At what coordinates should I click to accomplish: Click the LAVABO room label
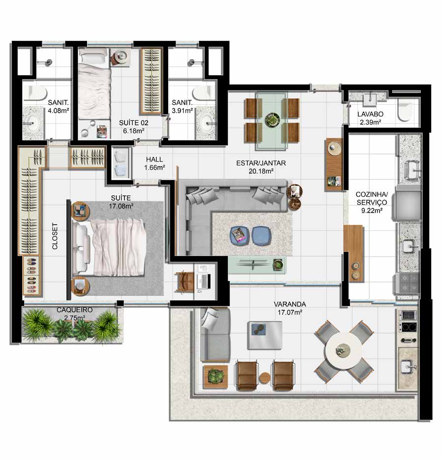coord(370,114)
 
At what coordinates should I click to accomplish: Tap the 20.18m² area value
coord(261,171)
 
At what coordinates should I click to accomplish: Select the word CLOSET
coord(55,236)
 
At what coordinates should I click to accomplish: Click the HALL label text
coord(154,159)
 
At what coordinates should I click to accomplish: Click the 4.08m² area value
coord(59,111)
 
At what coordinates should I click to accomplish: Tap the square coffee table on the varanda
coord(265,336)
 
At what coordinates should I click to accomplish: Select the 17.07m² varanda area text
coord(290,313)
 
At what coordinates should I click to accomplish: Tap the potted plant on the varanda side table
coord(216,376)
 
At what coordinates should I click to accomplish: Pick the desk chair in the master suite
coord(184,281)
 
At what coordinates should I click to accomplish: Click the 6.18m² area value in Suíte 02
coord(134,131)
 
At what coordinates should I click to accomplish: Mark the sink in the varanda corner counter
coord(409,367)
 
